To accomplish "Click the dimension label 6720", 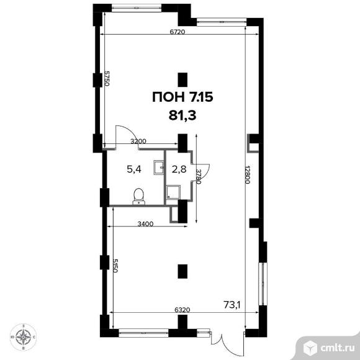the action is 178,32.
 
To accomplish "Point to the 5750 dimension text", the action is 107,78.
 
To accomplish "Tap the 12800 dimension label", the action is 248,174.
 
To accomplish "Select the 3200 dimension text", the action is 138,141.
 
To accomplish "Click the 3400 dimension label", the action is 145,223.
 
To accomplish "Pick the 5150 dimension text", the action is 115,266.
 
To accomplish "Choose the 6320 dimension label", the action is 182,310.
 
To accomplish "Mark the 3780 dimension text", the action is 199,177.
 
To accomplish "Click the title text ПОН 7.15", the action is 182,97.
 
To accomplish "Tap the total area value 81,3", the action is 182,115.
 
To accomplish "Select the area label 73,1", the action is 232,305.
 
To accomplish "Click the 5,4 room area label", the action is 134,169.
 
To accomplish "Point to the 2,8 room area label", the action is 179,169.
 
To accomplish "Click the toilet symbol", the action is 138,196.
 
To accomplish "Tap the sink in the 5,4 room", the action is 159,168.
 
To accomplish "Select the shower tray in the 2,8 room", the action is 173,192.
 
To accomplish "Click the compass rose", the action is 23,337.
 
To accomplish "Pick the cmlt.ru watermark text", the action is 337,348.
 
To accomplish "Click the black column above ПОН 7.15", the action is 182,79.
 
